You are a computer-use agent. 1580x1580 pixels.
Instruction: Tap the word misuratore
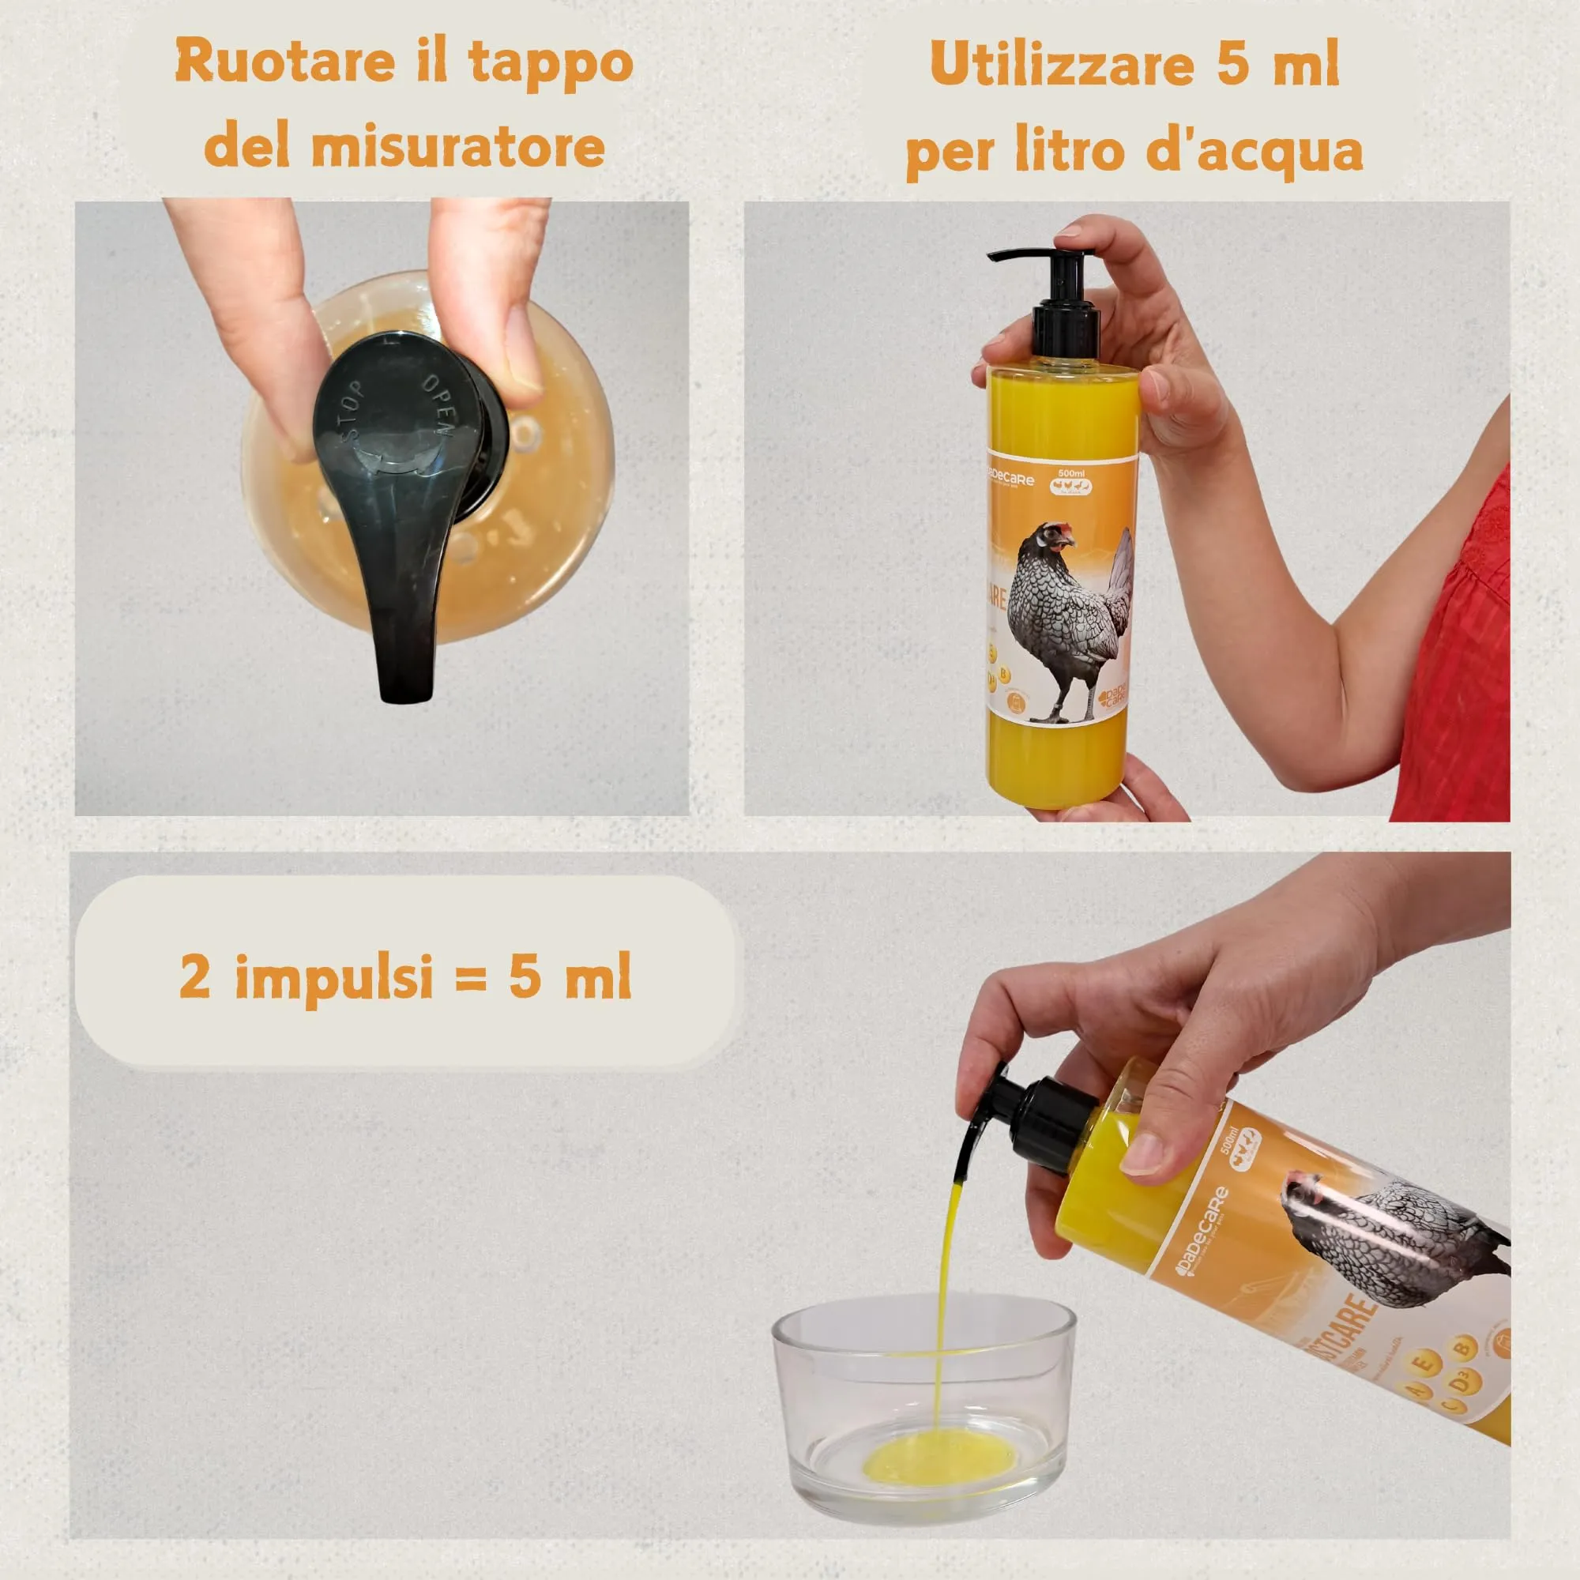(x=458, y=148)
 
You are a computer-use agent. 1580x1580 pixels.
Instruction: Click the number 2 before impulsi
(x=194, y=976)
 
